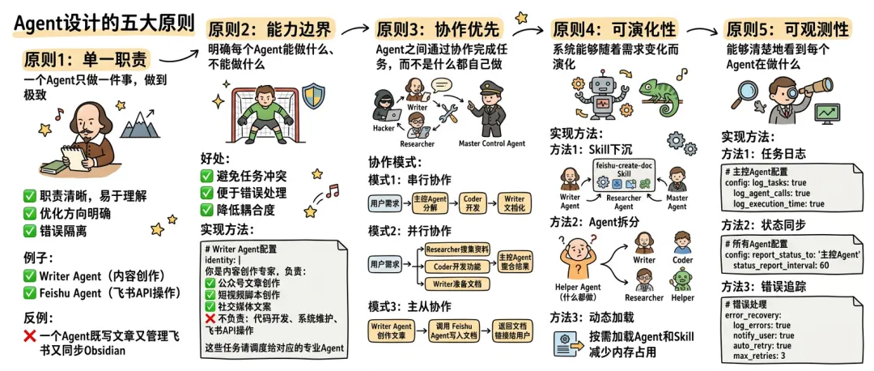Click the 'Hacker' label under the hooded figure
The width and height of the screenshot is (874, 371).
384,128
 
